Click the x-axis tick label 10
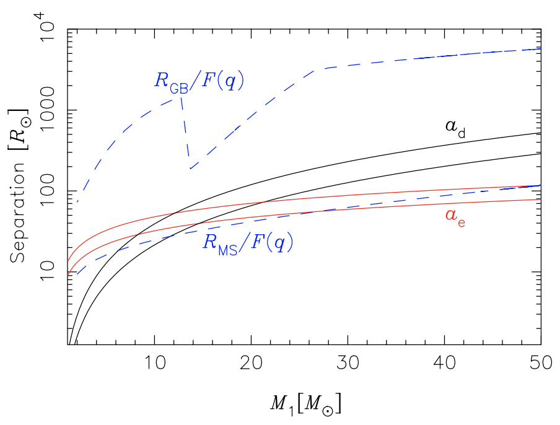[x=155, y=363]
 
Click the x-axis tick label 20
[x=252, y=363]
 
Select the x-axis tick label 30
[x=348, y=363]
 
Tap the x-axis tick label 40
[x=445, y=363]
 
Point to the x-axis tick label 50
[x=541, y=363]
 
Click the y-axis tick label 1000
[x=47, y=110]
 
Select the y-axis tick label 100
[x=47, y=191]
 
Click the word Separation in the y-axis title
[x=18, y=212]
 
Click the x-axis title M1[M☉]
[x=306, y=405]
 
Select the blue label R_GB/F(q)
[x=199, y=81]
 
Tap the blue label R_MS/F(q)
[x=248, y=243]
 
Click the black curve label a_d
[x=455, y=129]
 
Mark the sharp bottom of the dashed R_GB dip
[x=190, y=169]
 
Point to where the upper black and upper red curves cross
[x=174, y=214]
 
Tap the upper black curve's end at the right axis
[x=541, y=133]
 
